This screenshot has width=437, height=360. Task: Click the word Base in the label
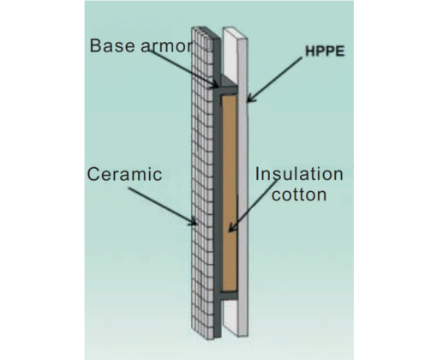tap(114, 45)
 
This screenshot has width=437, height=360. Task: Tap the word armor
tap(167, 46)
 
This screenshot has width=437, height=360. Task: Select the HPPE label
tap(325, 51)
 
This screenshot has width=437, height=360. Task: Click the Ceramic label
tap(124, 174)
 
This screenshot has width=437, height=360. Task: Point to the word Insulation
tap(299, 174)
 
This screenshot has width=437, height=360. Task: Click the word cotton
tap(299, 195)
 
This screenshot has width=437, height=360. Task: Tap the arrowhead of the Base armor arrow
tap(215, 84)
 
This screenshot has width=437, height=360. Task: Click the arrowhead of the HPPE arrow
tap(251, 98)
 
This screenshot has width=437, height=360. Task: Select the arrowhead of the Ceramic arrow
tap(193, 221)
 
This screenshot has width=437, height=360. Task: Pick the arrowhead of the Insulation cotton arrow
tap(232, 227)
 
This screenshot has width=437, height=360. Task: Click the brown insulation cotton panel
tap(230, 193)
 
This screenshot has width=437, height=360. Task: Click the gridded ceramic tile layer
tap(202, 183)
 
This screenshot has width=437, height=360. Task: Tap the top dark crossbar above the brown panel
tap(229, 90)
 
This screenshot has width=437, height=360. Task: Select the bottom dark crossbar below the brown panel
tap(229, 296)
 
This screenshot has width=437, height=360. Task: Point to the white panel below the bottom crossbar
tap(230, 317)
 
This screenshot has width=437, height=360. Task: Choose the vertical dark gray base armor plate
tap(217, 189)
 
